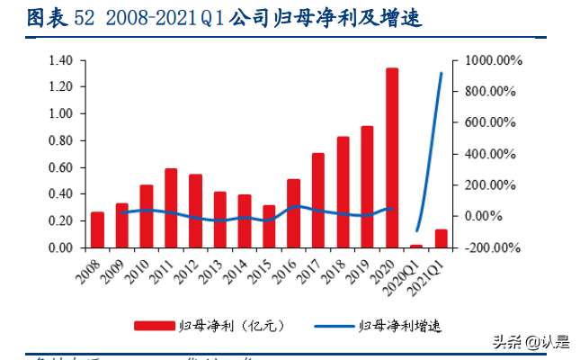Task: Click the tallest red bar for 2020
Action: (392, 157)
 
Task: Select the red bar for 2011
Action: (171, 208)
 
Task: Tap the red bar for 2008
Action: (97, 229)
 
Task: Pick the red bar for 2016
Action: (294, 213)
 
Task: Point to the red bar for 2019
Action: (368, 186)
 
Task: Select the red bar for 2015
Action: (269, 226)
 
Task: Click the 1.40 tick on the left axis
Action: (60, 60)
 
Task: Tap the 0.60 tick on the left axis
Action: (60, 167)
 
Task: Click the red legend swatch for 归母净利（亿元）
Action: (154, 325)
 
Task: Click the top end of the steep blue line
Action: (441, 74)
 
